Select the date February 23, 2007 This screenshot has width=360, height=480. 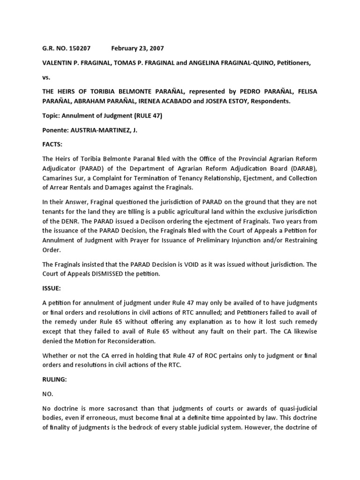click(x=137, y=48)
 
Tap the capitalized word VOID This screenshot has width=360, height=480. click(x=184, y=264)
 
